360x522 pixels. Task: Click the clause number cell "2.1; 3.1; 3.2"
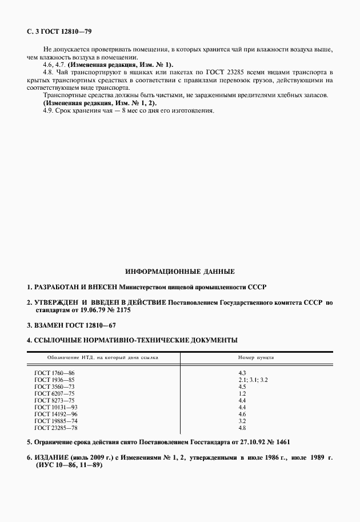point(252,380)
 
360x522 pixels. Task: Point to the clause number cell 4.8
point(242,428)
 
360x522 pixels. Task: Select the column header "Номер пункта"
point(255,357)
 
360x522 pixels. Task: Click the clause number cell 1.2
point(242,393)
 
